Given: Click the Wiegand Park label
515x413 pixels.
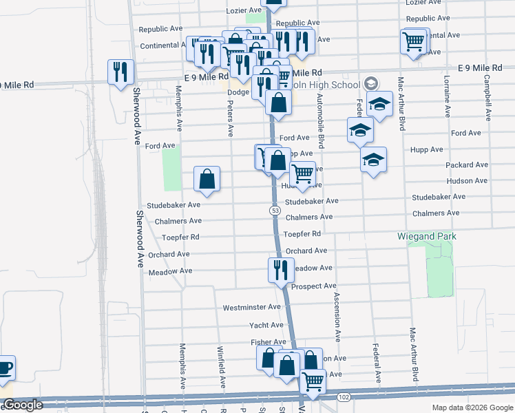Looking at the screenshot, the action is pyautogui.click(x=427, y=236).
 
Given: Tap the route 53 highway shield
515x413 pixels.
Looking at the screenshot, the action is pyautogui.click(x=275, y=210).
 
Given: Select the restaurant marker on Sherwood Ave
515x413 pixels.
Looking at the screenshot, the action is pyautogui.click(x=121, y=72).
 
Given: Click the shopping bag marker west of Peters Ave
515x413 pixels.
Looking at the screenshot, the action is pyautogui.click(x=207, y=180).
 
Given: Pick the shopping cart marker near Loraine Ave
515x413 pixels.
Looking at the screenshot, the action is pyautogui.click(x=414, y=41).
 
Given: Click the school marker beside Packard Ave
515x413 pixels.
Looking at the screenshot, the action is pyautogui.click(x=373, y=160).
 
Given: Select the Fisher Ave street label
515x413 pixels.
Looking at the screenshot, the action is pyautogui.click(x=269, y=342).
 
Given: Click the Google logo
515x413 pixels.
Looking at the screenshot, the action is pyautogui.click(x=23, y=405).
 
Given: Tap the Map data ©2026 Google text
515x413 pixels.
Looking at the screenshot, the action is pyautogui.click(x=472, y=407).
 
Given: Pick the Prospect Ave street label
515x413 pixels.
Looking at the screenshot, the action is pyautogui.click(x=313, y=286).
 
